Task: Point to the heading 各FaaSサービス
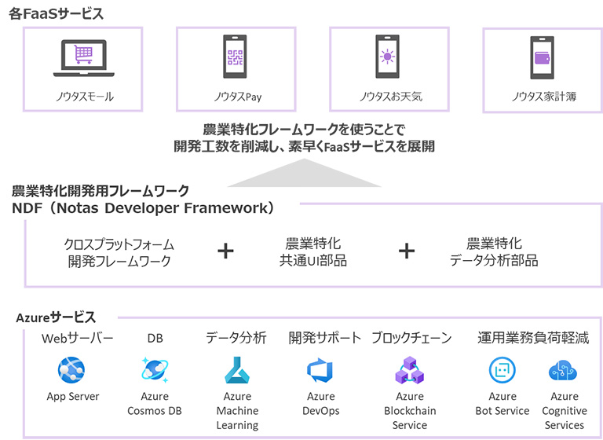57,14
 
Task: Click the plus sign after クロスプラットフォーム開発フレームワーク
225,251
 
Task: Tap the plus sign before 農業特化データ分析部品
406,251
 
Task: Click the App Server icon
72,369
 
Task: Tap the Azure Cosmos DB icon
154,369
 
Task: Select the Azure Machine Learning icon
236,369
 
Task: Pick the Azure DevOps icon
320,369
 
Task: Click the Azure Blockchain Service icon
409,369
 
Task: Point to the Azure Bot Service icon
502,369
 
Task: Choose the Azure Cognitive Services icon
563,369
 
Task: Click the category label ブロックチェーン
411,338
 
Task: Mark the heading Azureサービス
56,317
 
